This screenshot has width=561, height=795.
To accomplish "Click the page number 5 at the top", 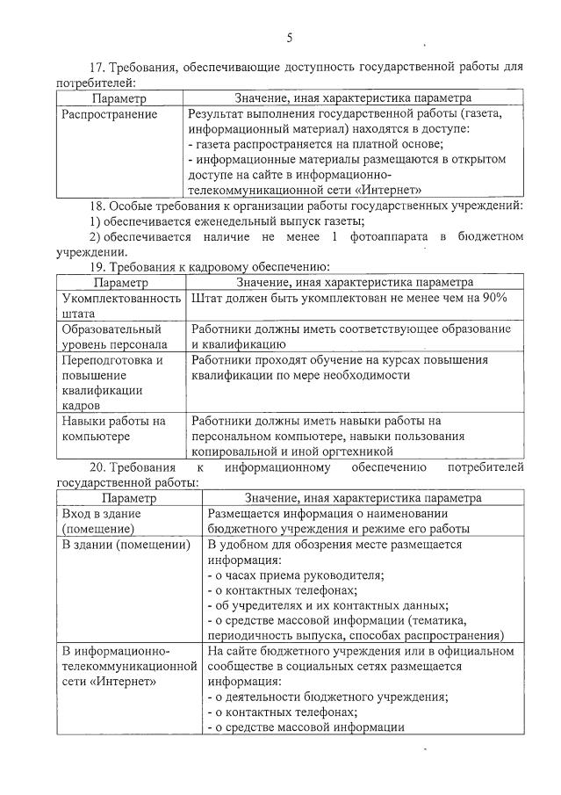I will coord(289,38).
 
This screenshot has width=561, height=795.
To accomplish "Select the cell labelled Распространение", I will coord(110,114).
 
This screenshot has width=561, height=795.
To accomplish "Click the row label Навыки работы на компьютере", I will coord(113,429).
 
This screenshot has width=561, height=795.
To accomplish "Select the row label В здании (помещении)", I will coord(126,545).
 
